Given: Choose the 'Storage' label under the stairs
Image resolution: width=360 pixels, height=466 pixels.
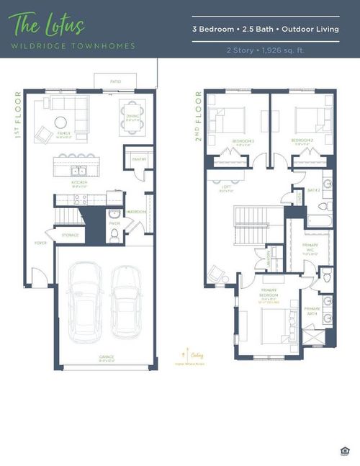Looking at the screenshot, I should pos(69,234).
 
